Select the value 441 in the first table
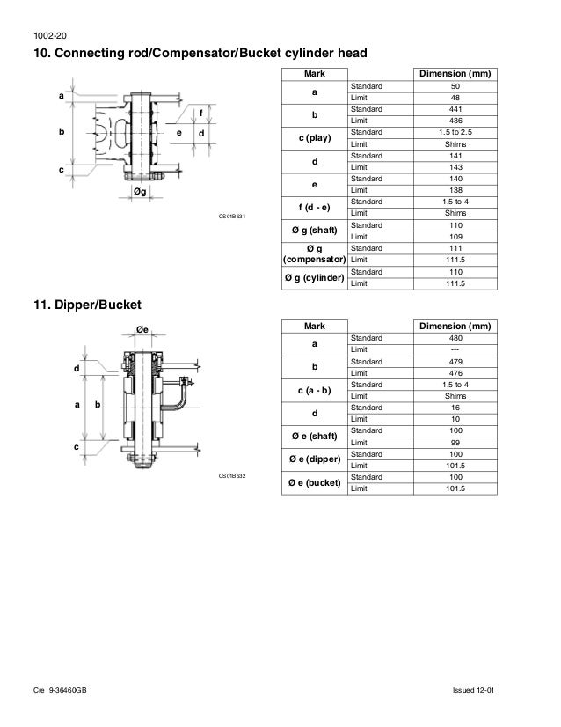click(x=455, y=108)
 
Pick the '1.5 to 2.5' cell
click(x=455, y=131)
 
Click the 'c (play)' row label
click(x=314, y=137)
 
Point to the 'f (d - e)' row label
click(x=314, y=208)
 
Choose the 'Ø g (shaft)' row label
click(x=314, y=231)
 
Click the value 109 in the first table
click(x=455, y=237)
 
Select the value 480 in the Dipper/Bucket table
click(x=455, y=338)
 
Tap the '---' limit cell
click(x=455, y=349)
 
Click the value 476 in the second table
click(x=455, y=372)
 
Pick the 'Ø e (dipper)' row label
click(x=314, y=459)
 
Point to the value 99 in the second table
click(x=455, y=442)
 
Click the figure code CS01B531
click(x=231, y=215)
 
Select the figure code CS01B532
click(x=231, y=475)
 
